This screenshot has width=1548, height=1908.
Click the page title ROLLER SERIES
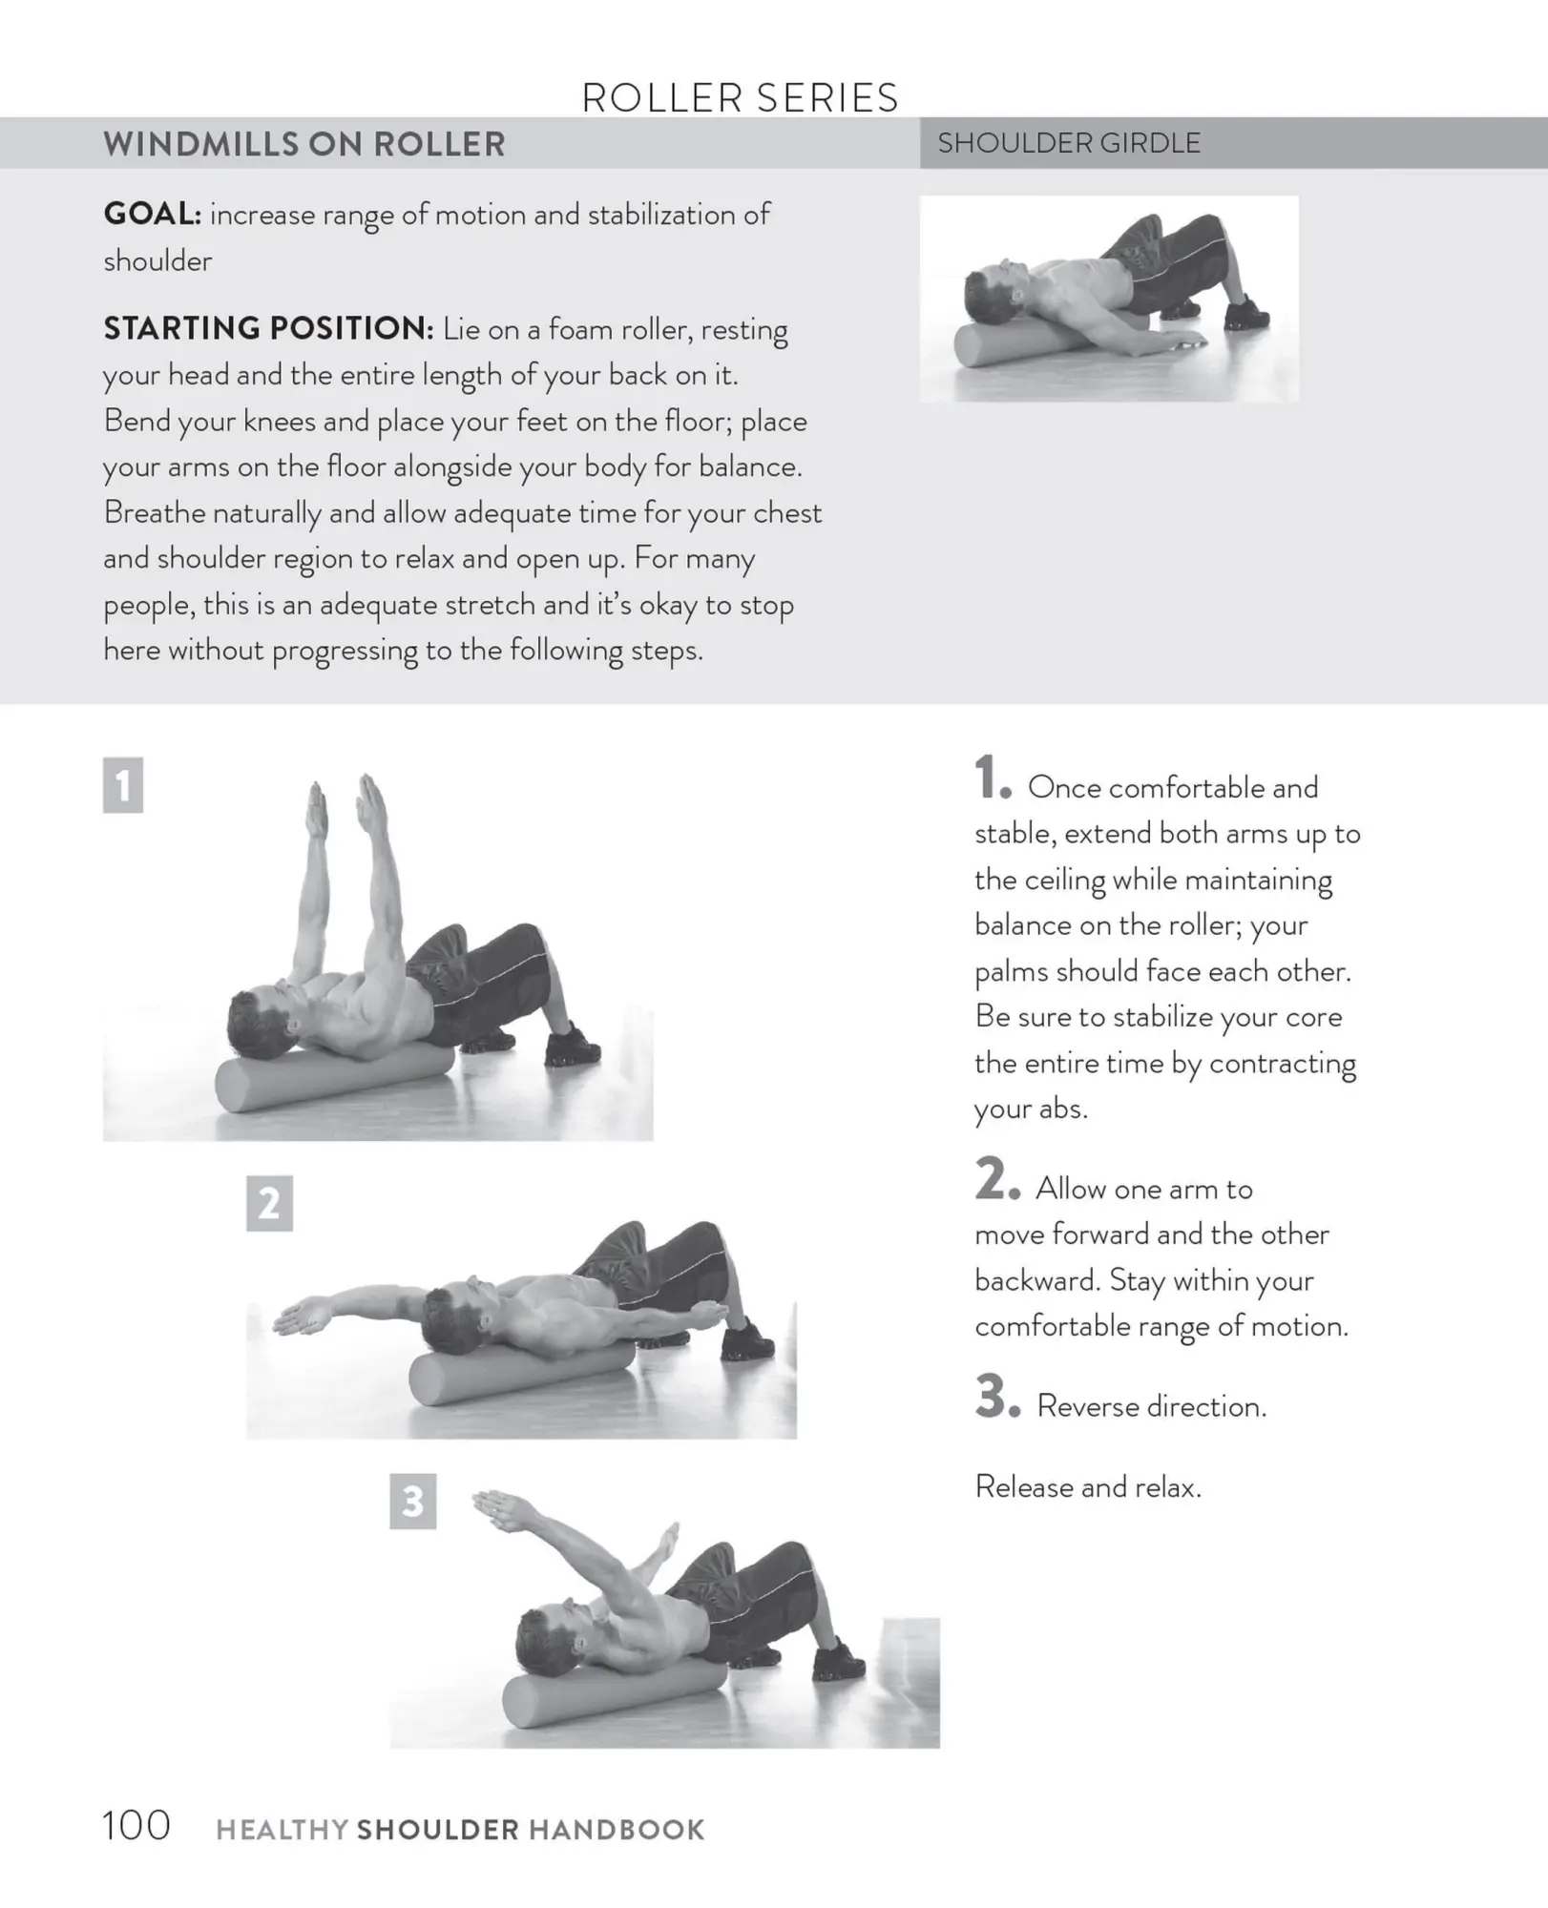coord(740,98)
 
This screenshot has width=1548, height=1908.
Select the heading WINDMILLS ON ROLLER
coord(303,144)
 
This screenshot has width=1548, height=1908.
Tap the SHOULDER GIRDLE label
coord(1068,143)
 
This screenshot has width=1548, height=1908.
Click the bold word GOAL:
coord(152,214)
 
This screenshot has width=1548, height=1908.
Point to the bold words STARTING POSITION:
coord(268,328)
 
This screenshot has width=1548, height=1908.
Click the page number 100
coord(136,1825)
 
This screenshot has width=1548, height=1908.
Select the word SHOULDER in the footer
coord(437,1829)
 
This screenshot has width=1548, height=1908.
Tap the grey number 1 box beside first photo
coord(123,785)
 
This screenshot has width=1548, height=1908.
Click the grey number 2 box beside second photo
coord(269,1203)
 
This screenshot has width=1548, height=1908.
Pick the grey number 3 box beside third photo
coord(412,1502)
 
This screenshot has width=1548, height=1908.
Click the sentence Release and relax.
coord(1087,1486)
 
